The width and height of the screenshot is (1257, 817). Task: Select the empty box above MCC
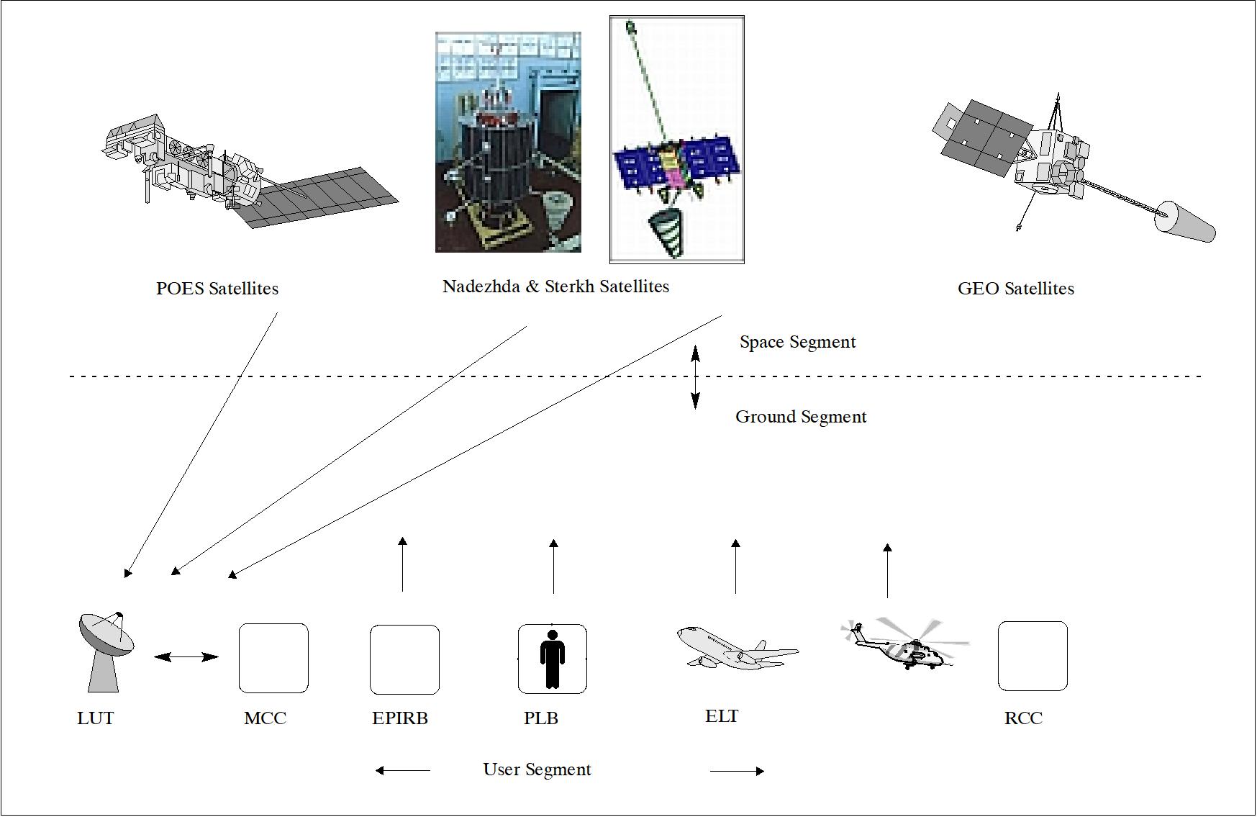coord(273,658)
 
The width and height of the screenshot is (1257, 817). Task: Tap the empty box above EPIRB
coord(404,659)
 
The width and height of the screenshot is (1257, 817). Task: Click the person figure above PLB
coord(552,659)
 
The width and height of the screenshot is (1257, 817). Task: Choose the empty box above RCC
coord(1033,656)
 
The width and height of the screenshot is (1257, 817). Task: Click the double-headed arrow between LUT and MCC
coord(186,656)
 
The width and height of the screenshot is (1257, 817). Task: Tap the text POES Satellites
coord(217,289)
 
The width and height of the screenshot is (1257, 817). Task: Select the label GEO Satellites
coord(1015,289)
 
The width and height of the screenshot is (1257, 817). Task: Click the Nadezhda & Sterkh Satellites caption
coord(555,286)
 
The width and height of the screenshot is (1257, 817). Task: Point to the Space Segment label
coord(797,342)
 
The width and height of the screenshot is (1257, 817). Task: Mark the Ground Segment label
coord(801,417)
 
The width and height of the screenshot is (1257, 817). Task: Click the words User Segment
coord(537,769)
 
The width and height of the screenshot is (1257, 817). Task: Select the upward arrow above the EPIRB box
coord(403,564)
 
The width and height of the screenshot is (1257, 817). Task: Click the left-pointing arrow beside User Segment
coord(403,770)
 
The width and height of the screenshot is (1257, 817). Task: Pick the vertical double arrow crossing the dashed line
coord(695,377)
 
